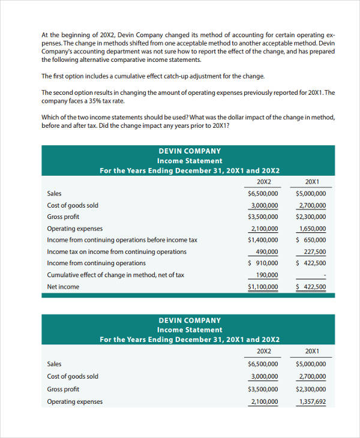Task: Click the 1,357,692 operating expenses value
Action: [x=312, y=402]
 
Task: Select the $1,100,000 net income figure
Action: [x=263, y=287]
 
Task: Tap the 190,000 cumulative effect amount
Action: [x=266, y=275]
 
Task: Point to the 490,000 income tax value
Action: [x=266, y=252]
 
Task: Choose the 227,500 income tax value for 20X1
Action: [x=315, y=252]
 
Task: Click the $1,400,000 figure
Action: [x=263, y=240]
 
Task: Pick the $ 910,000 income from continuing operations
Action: [x=263, y=263]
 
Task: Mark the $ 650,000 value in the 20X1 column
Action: [x=311, y=240]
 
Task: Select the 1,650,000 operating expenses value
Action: [x=312, y=229]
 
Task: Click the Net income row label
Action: [x=63, y=287]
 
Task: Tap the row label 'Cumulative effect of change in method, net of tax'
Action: [x=115, y=275]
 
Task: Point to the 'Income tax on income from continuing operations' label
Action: [x=116, y=252]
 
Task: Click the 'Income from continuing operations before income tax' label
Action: [x=122, y=240]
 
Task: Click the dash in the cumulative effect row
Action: [x=325, y=275]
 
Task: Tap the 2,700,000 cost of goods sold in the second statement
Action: [x=312, y=377]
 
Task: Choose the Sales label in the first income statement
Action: [x=54, y=194]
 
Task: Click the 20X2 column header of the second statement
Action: [x=264, y=351]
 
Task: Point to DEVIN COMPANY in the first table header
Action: [x=190, y=151]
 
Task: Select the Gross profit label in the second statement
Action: [x=63, y=389]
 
